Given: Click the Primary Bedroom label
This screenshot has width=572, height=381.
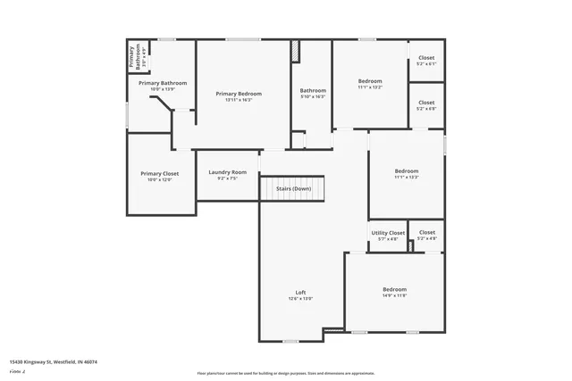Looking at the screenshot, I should (x=239, y=94).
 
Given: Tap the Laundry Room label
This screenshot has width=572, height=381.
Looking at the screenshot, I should (x=227, y=172).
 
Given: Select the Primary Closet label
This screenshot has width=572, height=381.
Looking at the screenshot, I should (x=159, y=173).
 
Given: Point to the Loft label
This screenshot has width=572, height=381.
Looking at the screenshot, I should (x=300, y=292).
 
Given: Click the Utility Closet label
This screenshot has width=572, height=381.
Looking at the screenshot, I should (x=388, y=233).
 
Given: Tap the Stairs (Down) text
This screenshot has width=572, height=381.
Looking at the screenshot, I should (x=293, y=188).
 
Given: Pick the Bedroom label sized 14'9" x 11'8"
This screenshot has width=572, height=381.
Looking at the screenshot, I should (x=394, y=289).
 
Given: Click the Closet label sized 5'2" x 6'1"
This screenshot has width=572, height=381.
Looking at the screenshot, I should (x=426, y=58).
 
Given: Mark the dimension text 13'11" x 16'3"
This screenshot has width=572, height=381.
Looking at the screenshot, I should (x=239, y=100).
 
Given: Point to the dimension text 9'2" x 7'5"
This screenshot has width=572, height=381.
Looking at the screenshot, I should (x=227, y=178).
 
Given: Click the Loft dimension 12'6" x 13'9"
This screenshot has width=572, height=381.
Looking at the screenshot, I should (x=300, y=298).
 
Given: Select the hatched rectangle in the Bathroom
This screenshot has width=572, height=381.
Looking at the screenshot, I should (x=296, y=52).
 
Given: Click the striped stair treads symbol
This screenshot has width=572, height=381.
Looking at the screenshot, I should (x=291, y=188).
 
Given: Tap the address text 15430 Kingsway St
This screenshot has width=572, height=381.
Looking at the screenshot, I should (x=53, y=361).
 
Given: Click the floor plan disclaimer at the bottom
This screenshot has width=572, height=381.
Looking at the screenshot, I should (x=286, y=372).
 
